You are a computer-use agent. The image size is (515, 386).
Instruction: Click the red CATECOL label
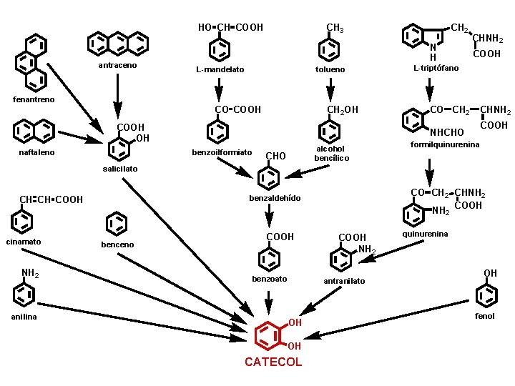tap(273, 362)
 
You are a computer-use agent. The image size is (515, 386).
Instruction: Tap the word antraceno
tap(117, 66)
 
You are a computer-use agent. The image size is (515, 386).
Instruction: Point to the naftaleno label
tap(36, 152)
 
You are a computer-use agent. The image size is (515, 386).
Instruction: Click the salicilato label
tap(114, 169)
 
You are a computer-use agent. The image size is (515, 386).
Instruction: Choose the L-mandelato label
tap(220, 70)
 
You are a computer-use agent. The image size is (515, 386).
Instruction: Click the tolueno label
tap(330, 70)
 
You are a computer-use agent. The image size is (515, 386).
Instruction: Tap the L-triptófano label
tap(436, 69)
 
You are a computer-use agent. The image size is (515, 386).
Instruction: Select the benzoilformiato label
tap(222, 152)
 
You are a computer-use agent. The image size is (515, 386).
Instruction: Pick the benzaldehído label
tap(275, 197)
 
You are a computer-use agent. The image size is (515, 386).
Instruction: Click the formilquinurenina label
tap(444, 145)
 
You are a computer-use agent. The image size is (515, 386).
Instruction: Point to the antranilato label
tap(344, 281)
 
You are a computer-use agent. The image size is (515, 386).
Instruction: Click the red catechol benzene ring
tap(268, 334)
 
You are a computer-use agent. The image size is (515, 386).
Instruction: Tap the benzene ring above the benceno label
tap(116, 224)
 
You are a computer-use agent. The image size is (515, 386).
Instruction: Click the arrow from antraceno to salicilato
tap(117, 96)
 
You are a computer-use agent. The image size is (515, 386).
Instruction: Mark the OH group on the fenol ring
tap(490, 273)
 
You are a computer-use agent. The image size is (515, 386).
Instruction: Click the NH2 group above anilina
tap(30, 273)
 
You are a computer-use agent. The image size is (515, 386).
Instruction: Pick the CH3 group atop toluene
tap(335, 29)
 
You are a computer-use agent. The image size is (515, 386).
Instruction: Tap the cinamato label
tap(24, 242)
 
